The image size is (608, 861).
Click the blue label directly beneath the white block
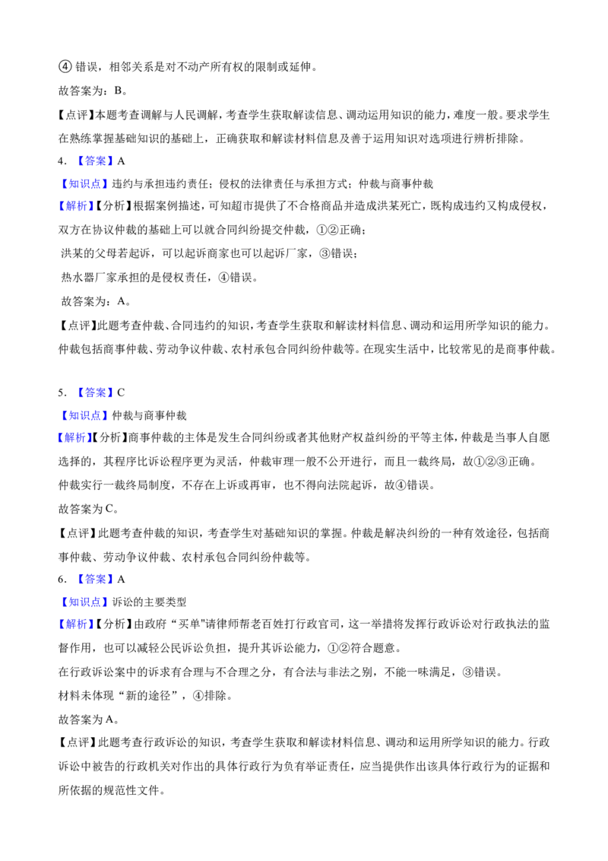(x=94, y=392)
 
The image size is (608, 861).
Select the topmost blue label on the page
(x=94, y=160)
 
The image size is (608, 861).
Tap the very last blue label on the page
(x=76, y=624)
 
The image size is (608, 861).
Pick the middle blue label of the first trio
(x=85, y=184)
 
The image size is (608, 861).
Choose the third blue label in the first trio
(x=76, y=206)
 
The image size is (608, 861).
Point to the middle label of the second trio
(x=85, y=415)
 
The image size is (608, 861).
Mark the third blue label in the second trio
(x=74, y=437)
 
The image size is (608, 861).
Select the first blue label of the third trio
(x=94, y=579)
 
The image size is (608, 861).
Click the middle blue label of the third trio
(x=85, y=602)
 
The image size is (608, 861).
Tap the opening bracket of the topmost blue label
(x=79, y=160)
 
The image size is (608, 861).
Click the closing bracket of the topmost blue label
(x=111, y=160)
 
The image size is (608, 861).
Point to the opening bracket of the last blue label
(x=60, y=624)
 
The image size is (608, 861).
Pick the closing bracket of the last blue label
(x=92, y=624)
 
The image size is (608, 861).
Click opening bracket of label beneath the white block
(x=79, y=392)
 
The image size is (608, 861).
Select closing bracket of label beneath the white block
(x=111, y=392)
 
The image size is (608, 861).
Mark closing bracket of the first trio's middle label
(x=106, y=184)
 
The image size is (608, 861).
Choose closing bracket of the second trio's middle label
(x=106, y=415)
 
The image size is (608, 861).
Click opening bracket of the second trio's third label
(x=59, y=437)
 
